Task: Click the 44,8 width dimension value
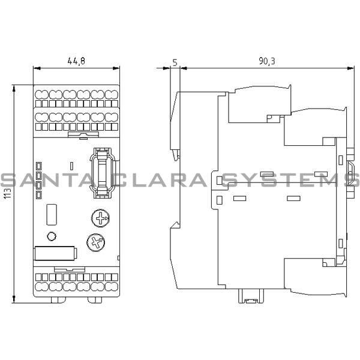(x=76, y=61)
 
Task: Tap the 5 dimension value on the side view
(x=174, y=61)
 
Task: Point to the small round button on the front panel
(x=52, y=236)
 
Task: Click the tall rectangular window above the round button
(x=52, y=214)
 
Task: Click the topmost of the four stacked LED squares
(x=38, y=164)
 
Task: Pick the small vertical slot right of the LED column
(x=71, y=165)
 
